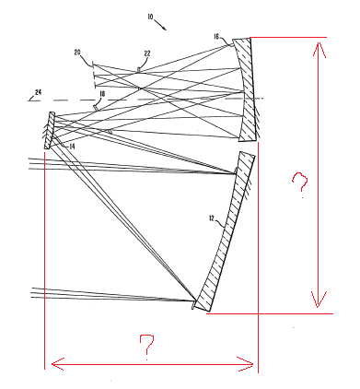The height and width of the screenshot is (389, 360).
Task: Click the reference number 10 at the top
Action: [150, 17]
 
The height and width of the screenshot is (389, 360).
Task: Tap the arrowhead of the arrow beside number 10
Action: [165, 29]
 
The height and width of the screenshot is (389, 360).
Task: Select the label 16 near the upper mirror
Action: [216, 37]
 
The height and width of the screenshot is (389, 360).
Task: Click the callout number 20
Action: [77, 53]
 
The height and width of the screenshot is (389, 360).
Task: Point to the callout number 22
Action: [147, 53]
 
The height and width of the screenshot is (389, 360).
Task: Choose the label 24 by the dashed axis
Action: [38, 91]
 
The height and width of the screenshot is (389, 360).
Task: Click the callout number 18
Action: [102, 94]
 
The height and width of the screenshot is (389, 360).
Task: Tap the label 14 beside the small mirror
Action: [72, 147]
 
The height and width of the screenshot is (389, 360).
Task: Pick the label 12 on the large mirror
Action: [212, 218]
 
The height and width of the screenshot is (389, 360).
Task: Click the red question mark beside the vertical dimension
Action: [300, 184]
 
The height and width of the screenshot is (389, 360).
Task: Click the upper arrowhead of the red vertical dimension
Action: [319, 49]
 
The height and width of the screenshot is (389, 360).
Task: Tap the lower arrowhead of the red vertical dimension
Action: [318, 300]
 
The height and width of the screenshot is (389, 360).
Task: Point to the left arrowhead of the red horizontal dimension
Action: [58, 364]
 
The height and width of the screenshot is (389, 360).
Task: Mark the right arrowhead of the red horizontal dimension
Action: [246, 364]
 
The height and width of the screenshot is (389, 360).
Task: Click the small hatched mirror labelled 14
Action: [50, 131]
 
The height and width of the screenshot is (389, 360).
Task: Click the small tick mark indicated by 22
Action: [139, 70]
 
